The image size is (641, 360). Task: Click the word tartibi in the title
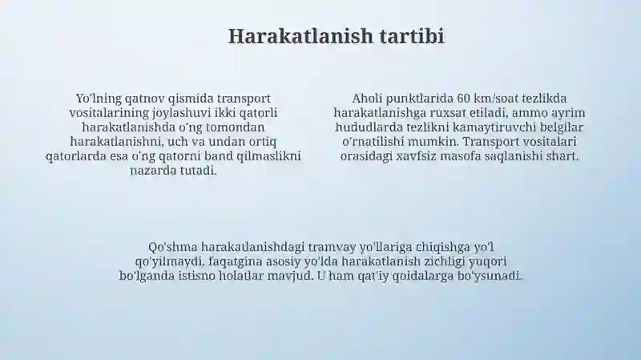pos(412,36)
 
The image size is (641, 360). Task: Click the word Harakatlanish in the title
pos(300,36)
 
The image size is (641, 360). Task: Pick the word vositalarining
pos(109,113)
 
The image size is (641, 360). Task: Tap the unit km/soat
pos(496,99)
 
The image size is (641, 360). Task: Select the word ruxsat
pos(446,113)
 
